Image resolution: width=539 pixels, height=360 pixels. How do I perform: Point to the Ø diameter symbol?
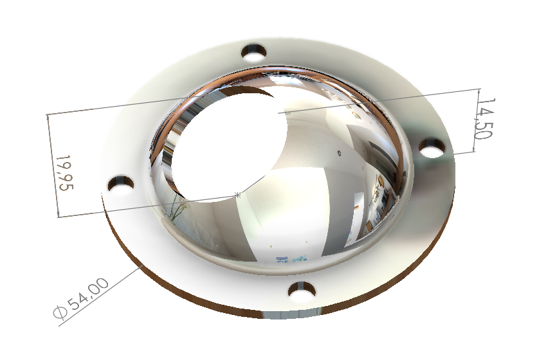(x=61, y=314)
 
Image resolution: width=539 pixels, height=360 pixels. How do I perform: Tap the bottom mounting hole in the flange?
(x=301, y=293)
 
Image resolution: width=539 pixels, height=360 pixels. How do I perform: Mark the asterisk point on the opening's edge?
(x=239, y=194)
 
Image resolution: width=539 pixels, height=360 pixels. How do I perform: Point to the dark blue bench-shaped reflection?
(x=282, y=260)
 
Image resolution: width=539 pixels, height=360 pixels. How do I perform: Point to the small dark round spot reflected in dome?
(x=339, y=153)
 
